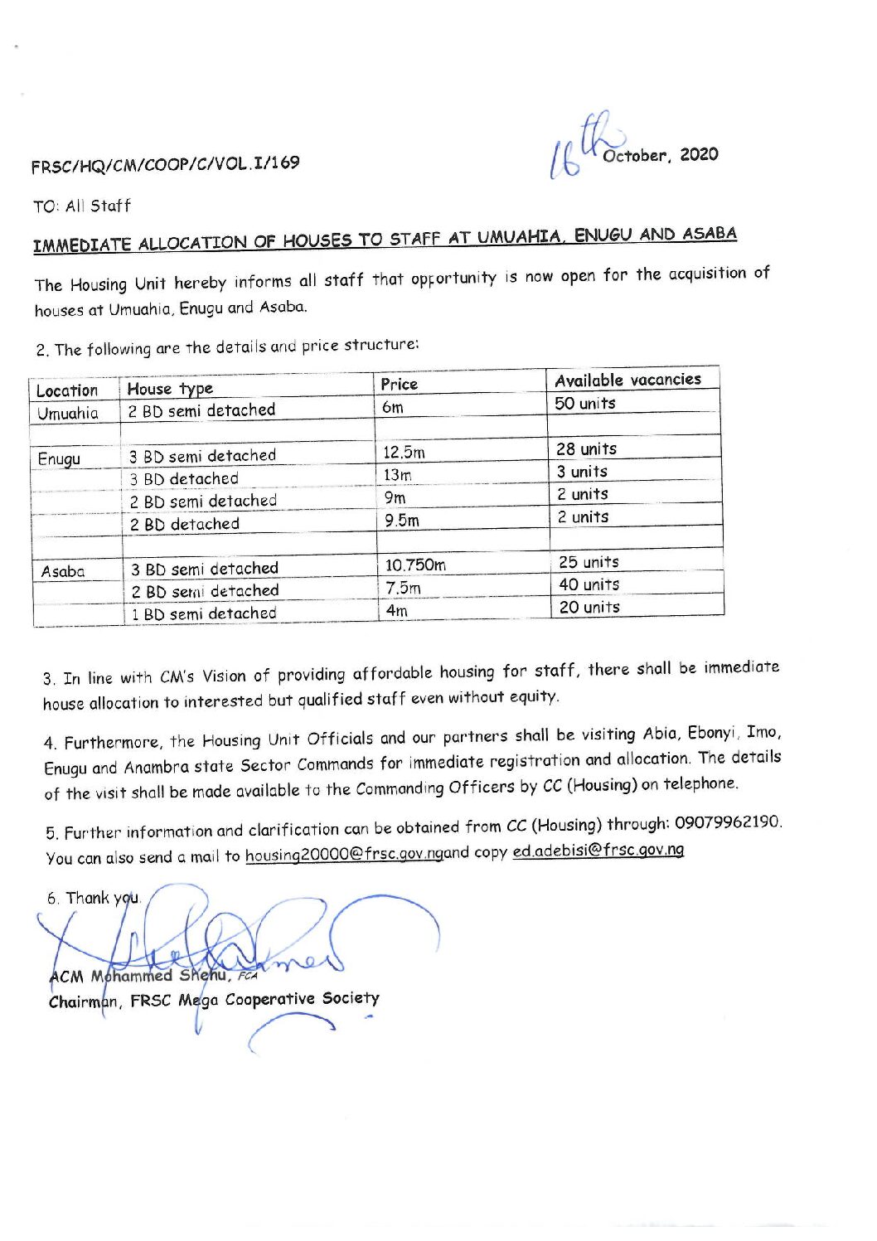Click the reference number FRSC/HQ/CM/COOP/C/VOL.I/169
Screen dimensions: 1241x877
[165, 164]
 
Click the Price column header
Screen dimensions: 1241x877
[399, 384]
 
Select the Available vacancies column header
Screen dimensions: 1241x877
[627, 380]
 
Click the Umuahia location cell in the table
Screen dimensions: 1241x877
[67, 413]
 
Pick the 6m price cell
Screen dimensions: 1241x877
[393, 407]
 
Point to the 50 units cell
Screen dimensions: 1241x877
[585, 404]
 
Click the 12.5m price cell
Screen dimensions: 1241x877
[404, 453]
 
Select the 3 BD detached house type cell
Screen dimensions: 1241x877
[184, 478]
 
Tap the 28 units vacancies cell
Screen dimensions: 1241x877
[587, 449]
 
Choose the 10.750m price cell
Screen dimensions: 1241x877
[415, 565]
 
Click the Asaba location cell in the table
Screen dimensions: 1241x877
[63, 571]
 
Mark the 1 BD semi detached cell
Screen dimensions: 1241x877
[204, 614]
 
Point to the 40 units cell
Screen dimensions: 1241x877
[589, 584]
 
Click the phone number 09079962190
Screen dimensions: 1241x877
[727, 822]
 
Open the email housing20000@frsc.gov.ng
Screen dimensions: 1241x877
[344, 855]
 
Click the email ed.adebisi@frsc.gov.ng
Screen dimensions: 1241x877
[598, 851]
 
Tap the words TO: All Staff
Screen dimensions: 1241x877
[82, 206]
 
